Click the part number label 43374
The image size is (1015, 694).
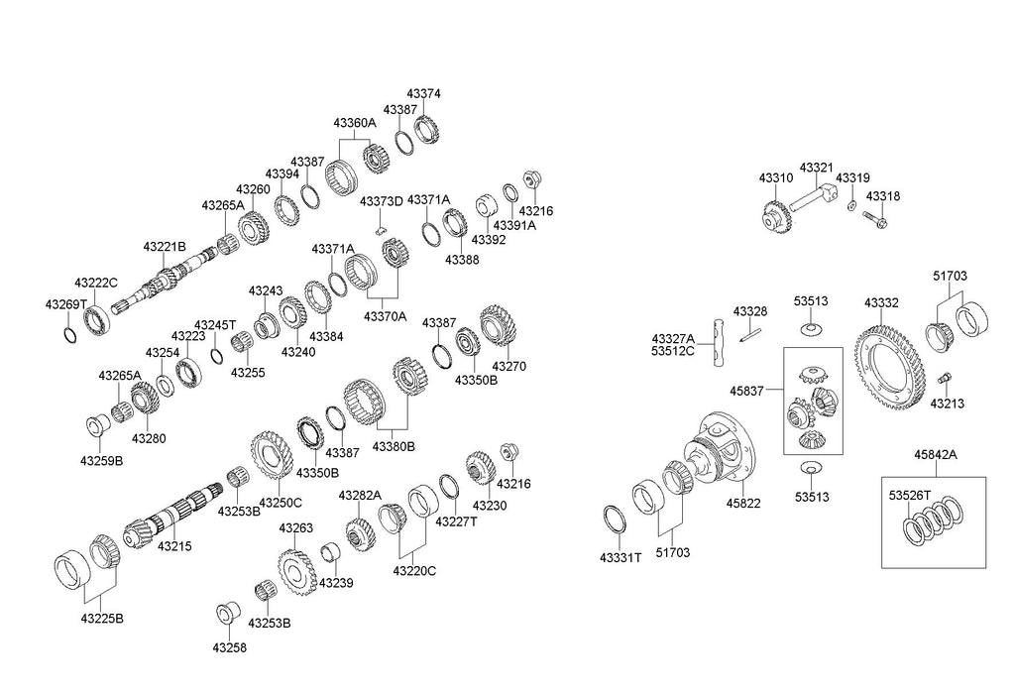(x=424, y=94)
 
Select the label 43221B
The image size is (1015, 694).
(x=164, y=247)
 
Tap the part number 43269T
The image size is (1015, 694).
(x=66, y=304)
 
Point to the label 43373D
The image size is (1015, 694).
(x=381, y=201)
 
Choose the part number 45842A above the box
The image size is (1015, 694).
(x=938, y=456)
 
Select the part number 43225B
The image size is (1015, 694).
(x=102, y=619)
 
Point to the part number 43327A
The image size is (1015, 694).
(x=673, y=338)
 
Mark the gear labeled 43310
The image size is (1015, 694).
(x=774, y=215)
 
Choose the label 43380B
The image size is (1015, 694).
(x=394, y=447)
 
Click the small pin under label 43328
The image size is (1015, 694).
(x=750, y=334)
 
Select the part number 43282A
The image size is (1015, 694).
(x=360, y=495)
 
